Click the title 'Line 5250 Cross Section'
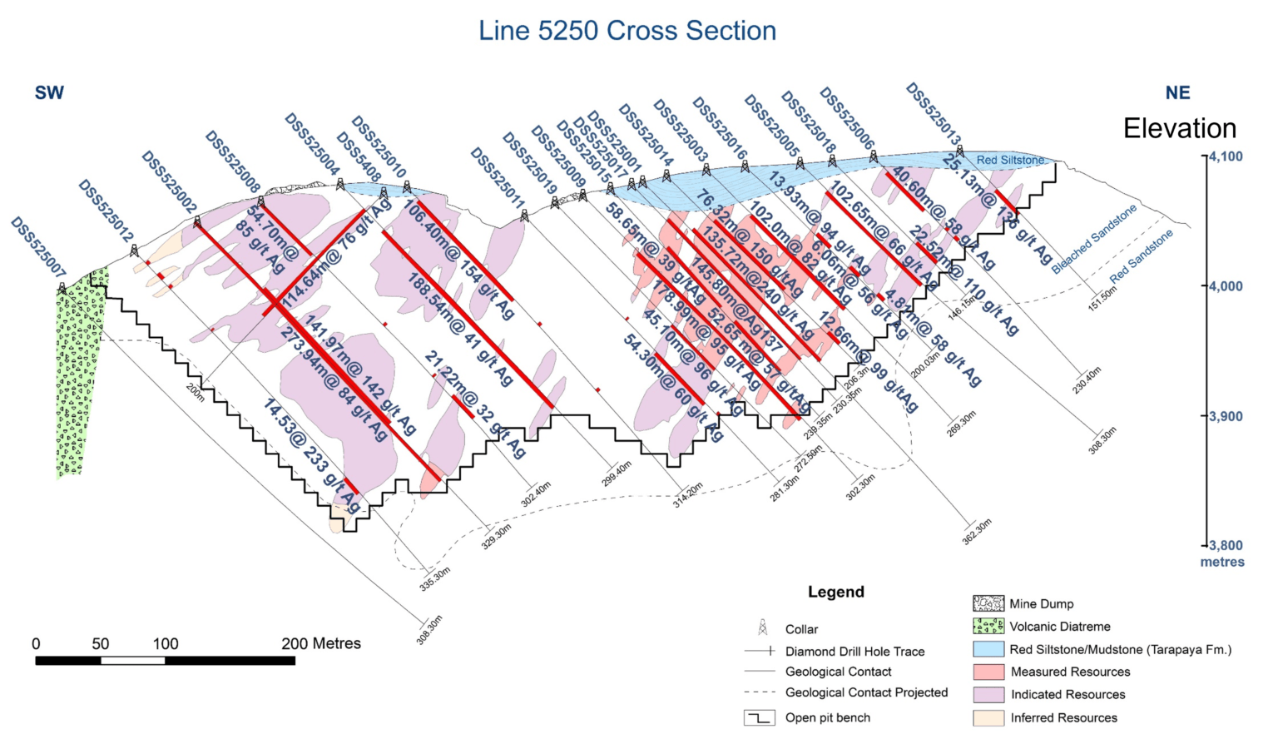[x=627, y=31]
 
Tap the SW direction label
[x=49, y=93]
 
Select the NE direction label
[x=1177, y=93]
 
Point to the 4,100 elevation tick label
[x=1226, y=156]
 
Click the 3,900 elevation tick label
[x=1226, y=416]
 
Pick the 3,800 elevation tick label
[x=1226, y=546]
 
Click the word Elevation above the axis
[x=1179, y=128]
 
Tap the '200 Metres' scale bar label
[x=321, y=643]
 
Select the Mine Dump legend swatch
[x=988, y=603]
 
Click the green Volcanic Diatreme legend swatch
[x=988, y=626]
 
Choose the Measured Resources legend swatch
[x=988, y=671]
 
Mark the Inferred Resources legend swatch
[x=988, y=717]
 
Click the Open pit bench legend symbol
[x=759, y=717]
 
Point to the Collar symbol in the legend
[x=762, y=628]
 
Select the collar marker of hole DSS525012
[x=135, y=250]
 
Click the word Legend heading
[x=835, y=592]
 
